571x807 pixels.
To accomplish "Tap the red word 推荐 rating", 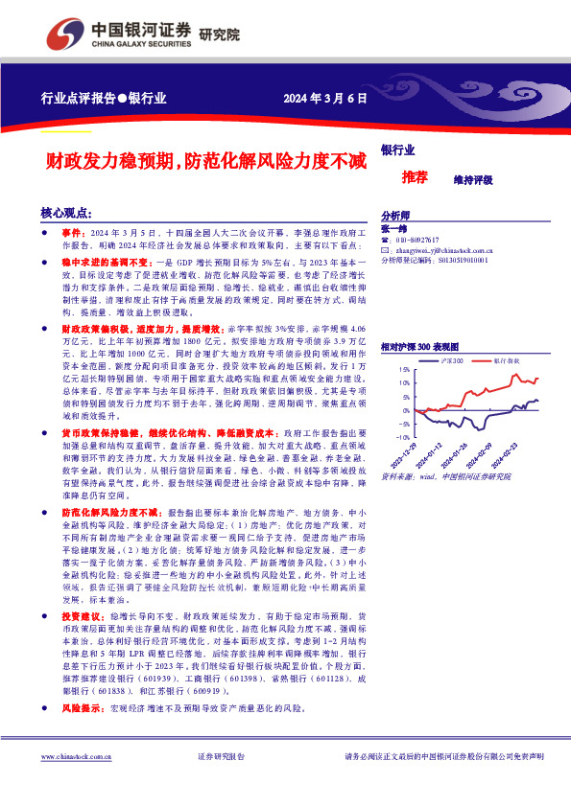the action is click(415, 178).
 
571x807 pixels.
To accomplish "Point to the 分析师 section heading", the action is click(395, 216).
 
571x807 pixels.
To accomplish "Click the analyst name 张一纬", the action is click(394, 228).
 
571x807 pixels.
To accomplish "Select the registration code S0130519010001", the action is click(462, 259).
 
